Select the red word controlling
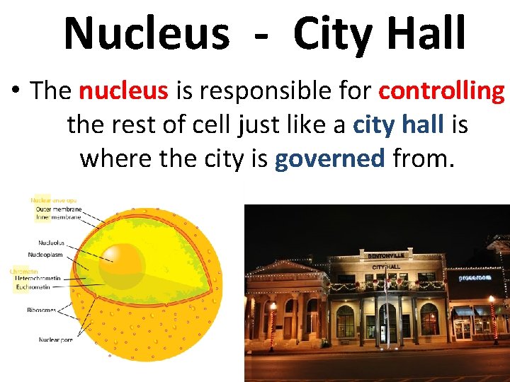coord(441,91)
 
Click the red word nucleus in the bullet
coord(123,91)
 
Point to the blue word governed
coord(329,158)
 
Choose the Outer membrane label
coord(59,209)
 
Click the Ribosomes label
coord(42,310)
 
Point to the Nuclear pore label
coord(55,340)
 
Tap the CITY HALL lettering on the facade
coord(387,267)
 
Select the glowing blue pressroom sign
coord(475,278)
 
